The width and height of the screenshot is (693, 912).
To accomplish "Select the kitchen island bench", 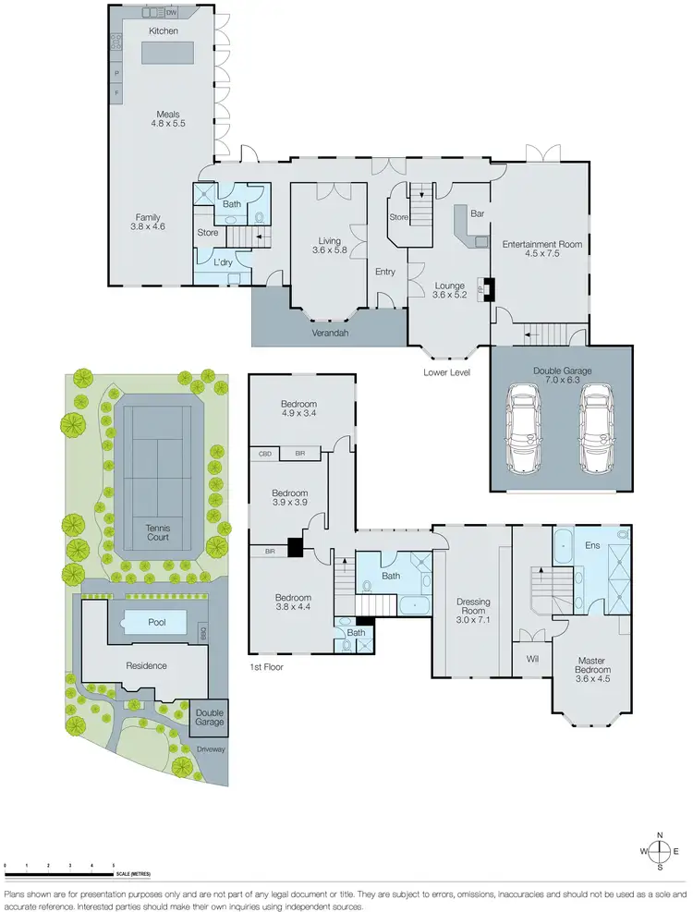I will point(168,54).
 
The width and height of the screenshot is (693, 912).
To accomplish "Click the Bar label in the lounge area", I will point(478,213).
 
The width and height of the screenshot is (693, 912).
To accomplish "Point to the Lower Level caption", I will point(447,372).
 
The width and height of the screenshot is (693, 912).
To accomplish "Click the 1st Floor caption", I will point(266,666).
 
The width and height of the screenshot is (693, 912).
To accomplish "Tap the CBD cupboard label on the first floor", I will point(265,454).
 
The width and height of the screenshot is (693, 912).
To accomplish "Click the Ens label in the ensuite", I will point(592,546).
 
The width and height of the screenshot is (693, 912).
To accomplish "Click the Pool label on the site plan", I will point(157,623).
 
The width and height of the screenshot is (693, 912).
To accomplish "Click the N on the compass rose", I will point(660,834).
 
